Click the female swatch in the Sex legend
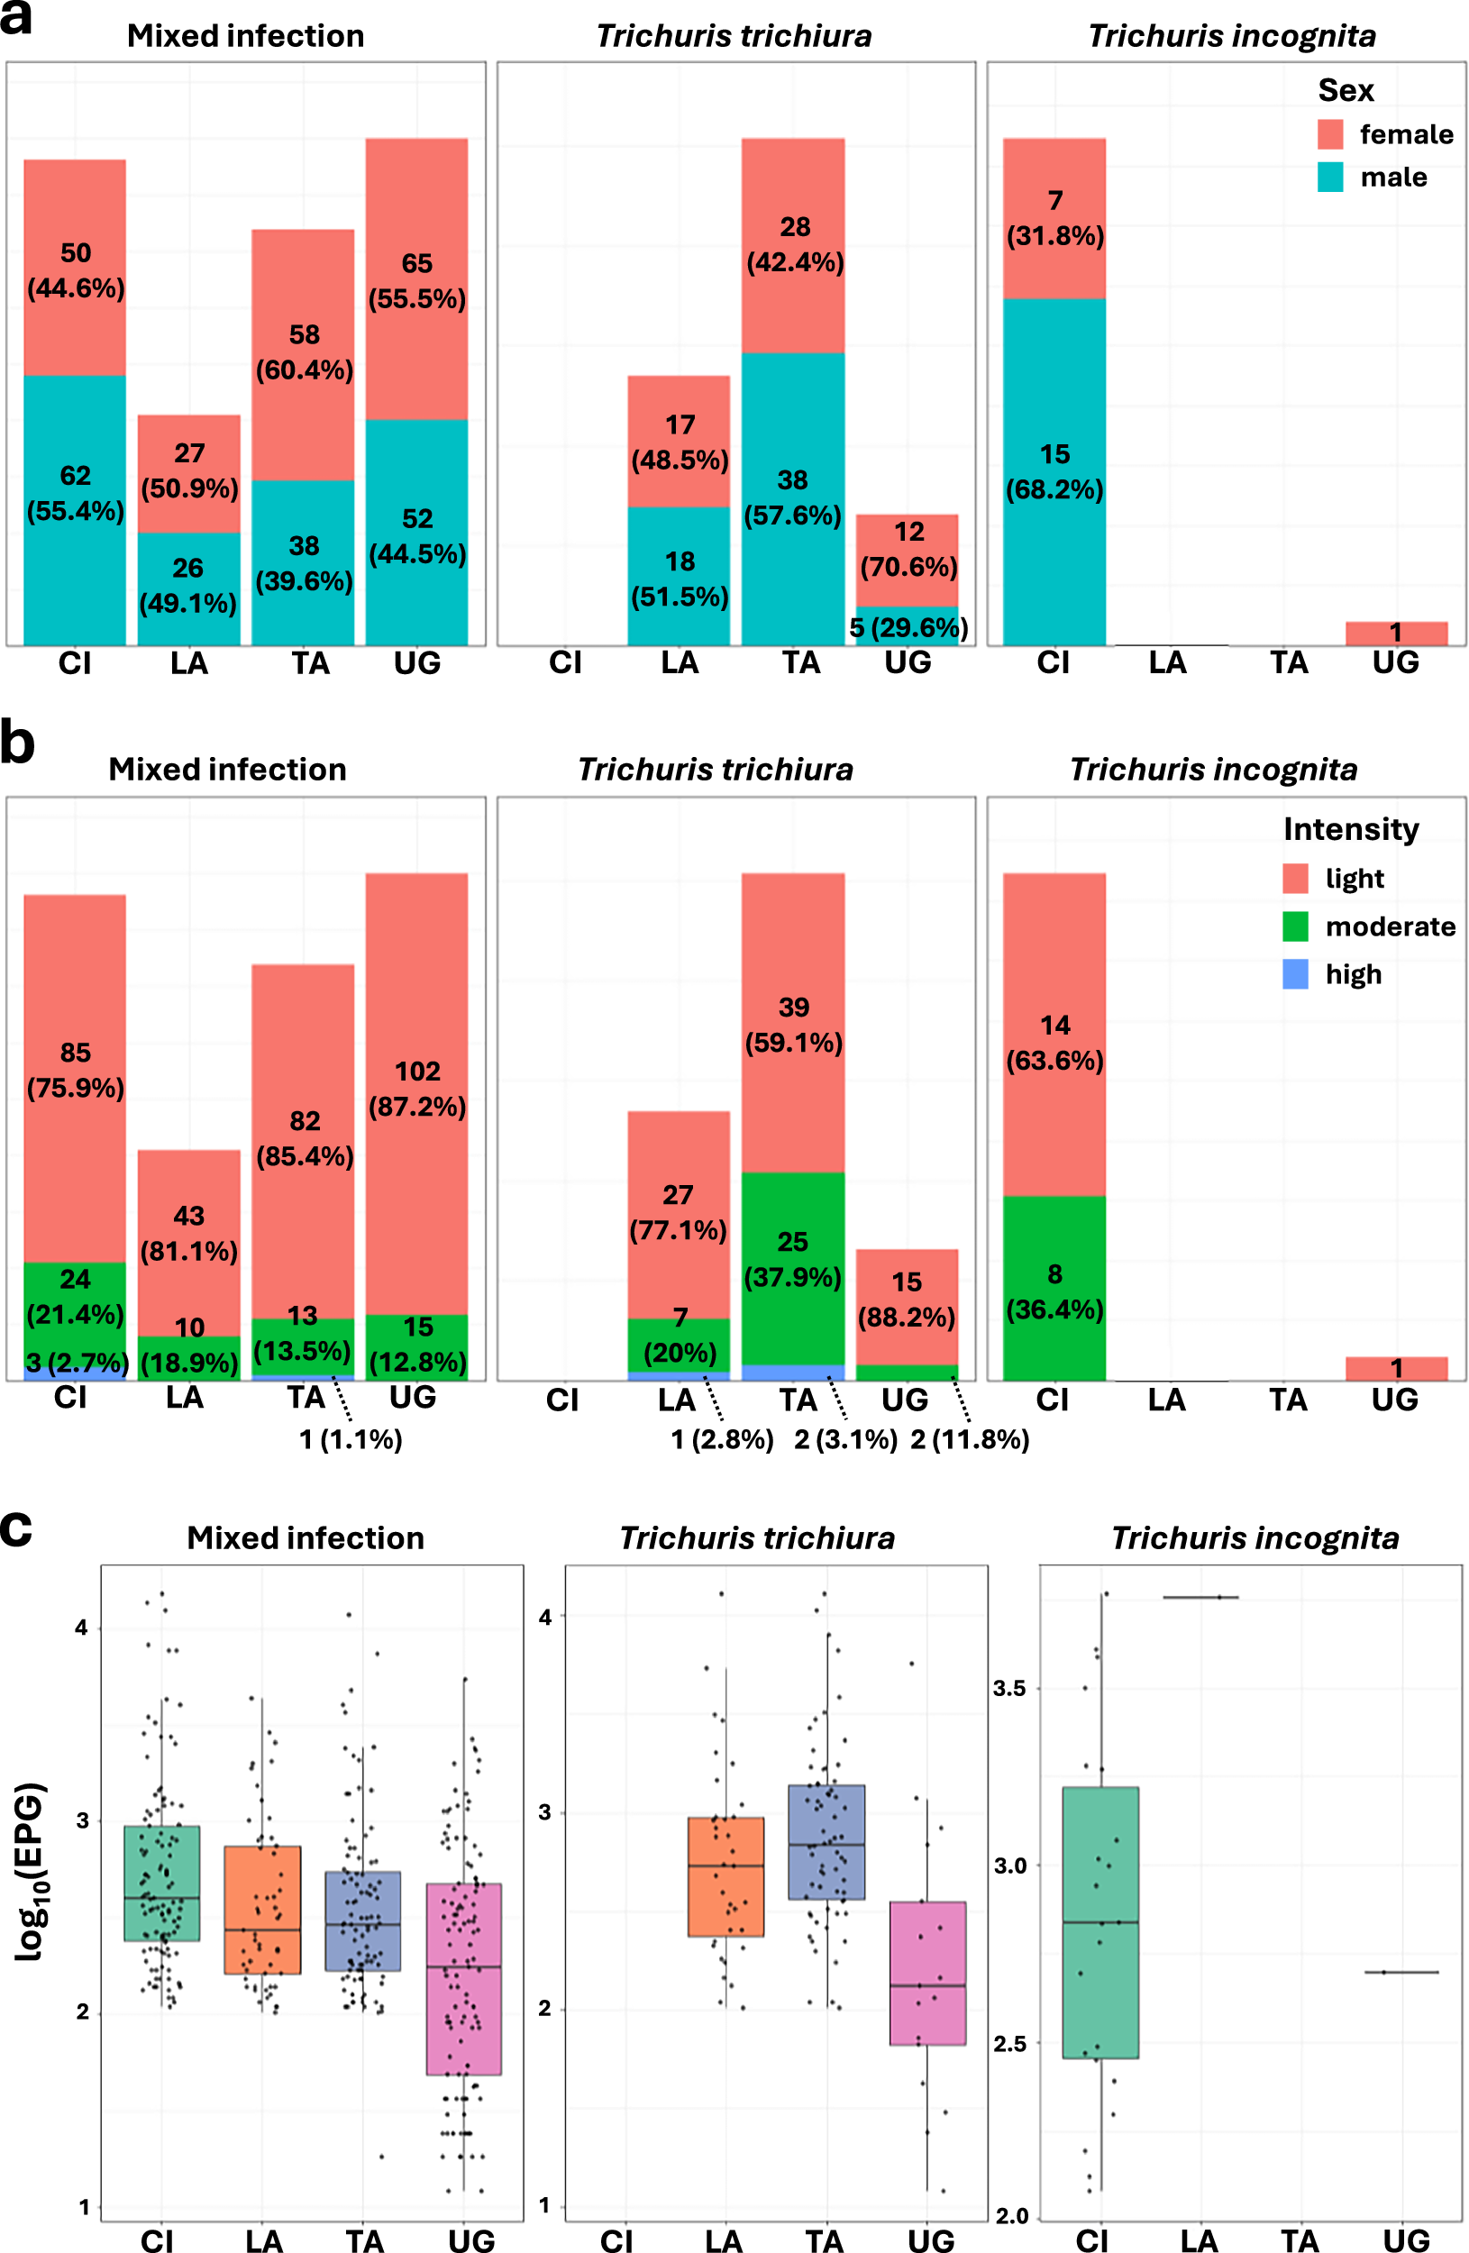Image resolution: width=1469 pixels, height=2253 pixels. tap(1329, 134)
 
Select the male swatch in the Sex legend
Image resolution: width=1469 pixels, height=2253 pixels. tap(1329, 177)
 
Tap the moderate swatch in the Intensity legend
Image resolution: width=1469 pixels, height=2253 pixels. tap(1295, 926)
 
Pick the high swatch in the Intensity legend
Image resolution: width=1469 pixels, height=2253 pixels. tap(1295, 974)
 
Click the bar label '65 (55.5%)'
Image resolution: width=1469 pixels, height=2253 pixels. tap(416, 281)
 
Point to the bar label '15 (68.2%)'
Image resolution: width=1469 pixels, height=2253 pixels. tap(1054, 471)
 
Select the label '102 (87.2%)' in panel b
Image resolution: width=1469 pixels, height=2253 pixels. tap(416, 1089)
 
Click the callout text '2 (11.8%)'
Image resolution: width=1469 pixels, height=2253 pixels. tap(969, 1440)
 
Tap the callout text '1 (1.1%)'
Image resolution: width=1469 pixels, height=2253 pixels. tap(351, 1440)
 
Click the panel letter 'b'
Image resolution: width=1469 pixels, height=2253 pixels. tap(17, 744)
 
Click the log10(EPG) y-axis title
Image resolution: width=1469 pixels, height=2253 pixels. tap(31, 1872)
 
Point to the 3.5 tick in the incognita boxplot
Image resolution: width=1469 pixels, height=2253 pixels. tap(1009, 1688)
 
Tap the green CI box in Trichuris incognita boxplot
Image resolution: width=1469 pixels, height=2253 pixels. tap(1099, 1921)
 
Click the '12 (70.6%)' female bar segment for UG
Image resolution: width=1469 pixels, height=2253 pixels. tap(907, 560)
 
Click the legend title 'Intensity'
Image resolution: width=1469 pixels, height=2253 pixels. tap(1351, 829)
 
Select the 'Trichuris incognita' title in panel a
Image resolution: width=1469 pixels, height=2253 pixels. tap(1231, 36)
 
